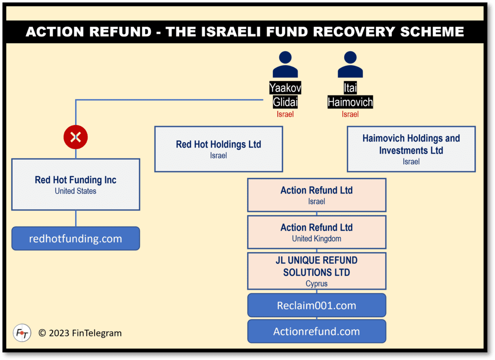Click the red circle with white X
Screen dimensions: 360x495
76,137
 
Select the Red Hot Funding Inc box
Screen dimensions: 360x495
76,184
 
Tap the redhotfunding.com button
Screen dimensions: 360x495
76,238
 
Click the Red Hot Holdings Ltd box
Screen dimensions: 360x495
218,149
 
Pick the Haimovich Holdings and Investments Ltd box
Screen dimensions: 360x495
411,149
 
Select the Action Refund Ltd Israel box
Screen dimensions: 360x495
317,195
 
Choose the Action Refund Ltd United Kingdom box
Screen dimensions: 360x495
317,232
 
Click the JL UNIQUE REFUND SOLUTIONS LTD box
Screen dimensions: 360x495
317,271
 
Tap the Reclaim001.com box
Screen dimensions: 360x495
317,306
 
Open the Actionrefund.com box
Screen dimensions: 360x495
317,332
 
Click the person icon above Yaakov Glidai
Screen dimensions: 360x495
285,65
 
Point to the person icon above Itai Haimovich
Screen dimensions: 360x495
350,65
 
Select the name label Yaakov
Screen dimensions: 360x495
285,88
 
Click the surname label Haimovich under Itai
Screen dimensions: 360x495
350,102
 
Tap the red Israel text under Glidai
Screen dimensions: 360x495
285,114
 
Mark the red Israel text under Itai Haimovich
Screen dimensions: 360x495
350,114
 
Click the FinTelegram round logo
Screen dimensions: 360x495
22,333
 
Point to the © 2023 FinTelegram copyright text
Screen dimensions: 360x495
80,333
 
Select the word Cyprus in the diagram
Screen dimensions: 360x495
317,284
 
